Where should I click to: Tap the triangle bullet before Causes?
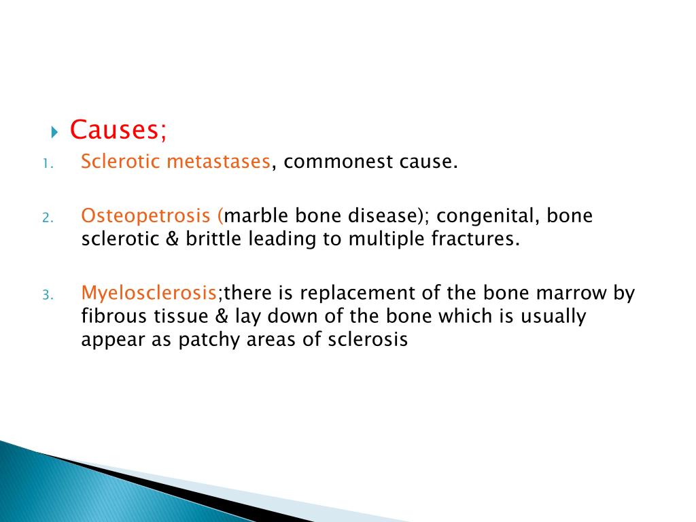(x=56, y=130)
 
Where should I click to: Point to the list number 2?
(x=46, y=218)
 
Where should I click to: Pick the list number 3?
(x=46, y=296)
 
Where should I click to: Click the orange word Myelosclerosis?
(x=149, y=294)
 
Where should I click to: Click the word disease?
(x=379, y=216)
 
